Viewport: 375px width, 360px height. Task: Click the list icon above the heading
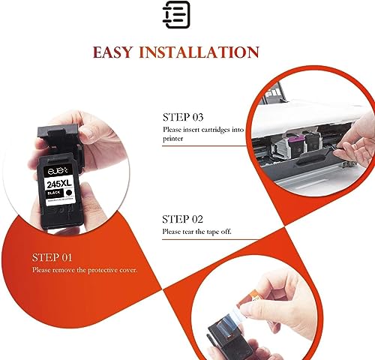pyautogui.click(x=176, y=14)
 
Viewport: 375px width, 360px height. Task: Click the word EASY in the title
pyautogui.click(x=112, y=52)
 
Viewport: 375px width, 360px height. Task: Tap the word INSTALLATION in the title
pyautogui.click(x=199, y=52)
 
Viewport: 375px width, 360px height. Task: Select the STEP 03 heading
pyautogui.click(x=183, y=117)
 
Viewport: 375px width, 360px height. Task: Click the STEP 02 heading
pyautogui.click(x=182, y=219)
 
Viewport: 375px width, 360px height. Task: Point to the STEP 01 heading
pyautogui.click(x=52, y=257)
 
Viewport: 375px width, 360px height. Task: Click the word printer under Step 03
pyautogui.click(x=173, y=139)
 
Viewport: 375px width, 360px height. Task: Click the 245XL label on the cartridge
pyautogui.click(x=59, y=184)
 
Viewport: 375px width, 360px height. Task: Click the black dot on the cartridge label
pyautogui.click(x=68, y=193)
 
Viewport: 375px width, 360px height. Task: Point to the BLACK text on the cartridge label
pyautogui.click(x=53, y=193)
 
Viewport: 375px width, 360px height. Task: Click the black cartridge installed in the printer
pyautogui.click(x=313, y=142)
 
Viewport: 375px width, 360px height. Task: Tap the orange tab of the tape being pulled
pyautogui.click(x=250, y=298)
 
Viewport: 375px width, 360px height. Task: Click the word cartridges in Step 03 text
pyautogui.click(x=215, y=130)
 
